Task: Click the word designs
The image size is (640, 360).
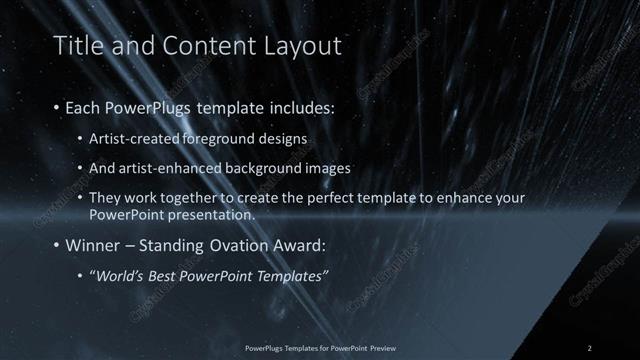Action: (284, 138)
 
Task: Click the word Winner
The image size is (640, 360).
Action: (91, 245)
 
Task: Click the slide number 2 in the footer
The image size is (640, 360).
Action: (590, 348)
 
